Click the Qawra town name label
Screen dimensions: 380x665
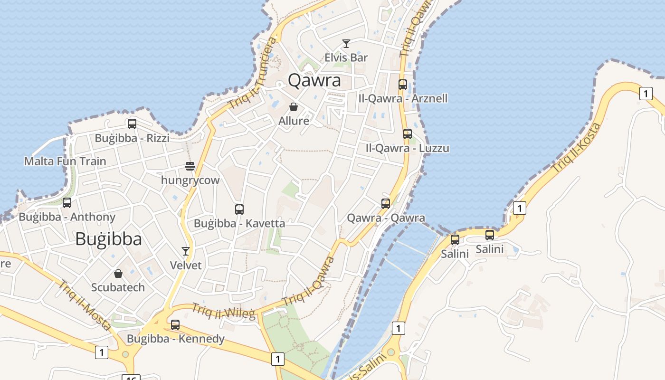pos(314,80)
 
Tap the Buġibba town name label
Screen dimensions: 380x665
pos(108,239)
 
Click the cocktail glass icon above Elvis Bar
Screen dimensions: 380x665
pos(346,44)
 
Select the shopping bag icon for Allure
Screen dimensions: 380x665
pos(294,107)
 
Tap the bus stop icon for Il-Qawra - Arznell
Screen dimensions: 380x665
pos(403,85)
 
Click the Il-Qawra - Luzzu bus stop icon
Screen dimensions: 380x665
pos(408,134)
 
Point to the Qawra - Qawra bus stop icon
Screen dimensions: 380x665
pos(386,204)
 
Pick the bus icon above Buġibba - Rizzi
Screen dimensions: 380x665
pos(132,124)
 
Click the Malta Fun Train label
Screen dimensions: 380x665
pos(65,161)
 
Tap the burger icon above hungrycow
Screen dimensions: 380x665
pos(190,166)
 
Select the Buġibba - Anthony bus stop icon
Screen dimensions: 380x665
pos(67,203)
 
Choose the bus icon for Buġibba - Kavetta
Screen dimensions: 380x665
pos(239,209)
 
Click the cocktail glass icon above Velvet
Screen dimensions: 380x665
pos(186,251)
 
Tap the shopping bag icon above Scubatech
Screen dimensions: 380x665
pos(118,274)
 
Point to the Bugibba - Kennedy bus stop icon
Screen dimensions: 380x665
pos(175,325)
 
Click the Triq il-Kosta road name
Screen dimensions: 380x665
pos(577,148)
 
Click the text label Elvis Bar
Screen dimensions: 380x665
pos(346,57)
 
